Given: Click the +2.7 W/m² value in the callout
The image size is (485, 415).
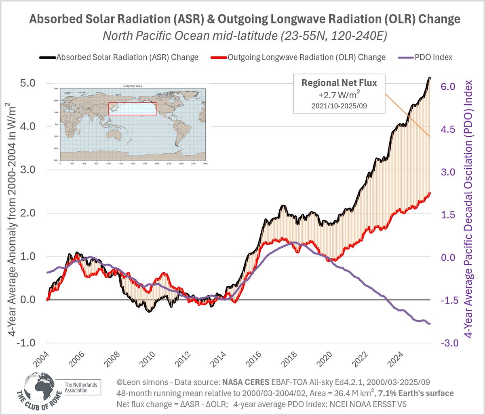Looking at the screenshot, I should click(x=339, y=95).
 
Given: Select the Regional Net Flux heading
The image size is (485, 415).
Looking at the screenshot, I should click(x=339, y=83).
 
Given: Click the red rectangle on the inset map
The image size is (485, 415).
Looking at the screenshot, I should click(x=133, y=109).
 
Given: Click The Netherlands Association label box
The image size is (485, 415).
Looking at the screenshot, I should click(x=81, y=388).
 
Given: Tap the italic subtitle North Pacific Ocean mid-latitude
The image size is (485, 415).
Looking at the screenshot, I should click(x=245, y=36).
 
